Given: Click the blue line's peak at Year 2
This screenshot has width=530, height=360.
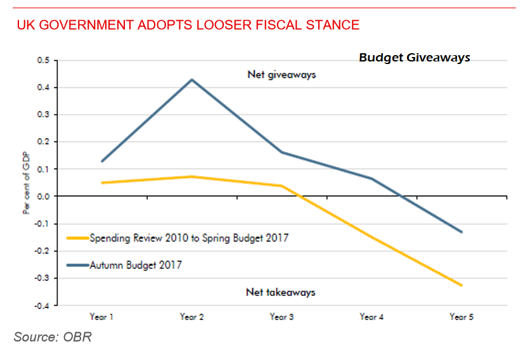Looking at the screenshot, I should point(191,79).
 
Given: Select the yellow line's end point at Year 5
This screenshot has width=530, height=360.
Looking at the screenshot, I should point(462,285).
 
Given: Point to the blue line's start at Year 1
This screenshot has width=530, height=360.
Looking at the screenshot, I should point(101,161).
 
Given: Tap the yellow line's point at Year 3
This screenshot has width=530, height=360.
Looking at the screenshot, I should point(281,186).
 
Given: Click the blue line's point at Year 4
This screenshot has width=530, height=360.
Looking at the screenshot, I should point(372,178).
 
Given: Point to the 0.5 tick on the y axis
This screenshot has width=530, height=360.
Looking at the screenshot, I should point(43,61).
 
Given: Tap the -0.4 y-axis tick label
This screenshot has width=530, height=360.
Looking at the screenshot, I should point(42,306).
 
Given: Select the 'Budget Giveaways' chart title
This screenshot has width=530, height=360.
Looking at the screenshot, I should point(415,58).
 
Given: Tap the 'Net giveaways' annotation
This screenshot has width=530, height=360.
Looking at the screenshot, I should point(281,75).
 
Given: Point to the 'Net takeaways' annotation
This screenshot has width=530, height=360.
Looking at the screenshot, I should point(280,292).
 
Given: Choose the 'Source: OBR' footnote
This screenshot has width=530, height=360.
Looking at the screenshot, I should point(53,337).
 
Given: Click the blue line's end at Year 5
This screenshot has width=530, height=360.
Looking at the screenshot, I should point(462,232).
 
